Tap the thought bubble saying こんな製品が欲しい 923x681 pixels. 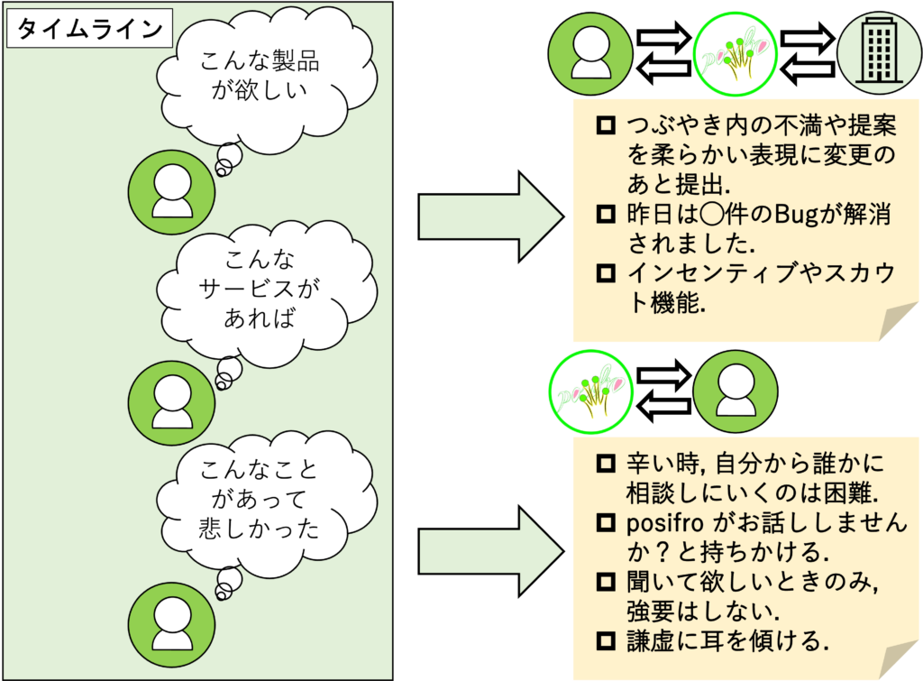[260, 77]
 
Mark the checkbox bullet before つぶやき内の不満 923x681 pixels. [606, 124]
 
